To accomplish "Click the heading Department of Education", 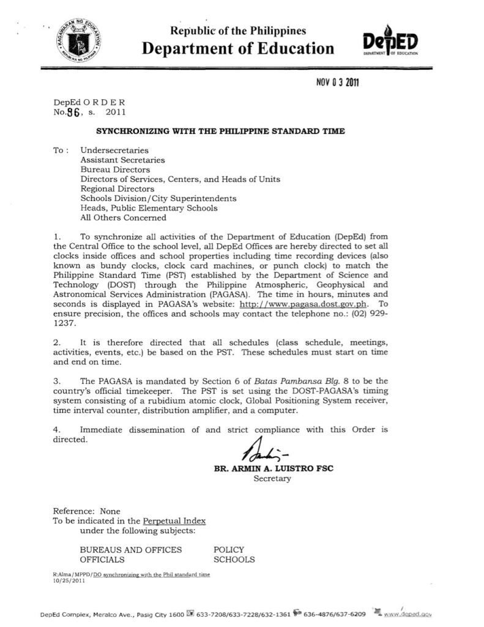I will click(x=238, y=48).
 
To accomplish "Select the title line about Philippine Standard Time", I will click(x=220, y=131).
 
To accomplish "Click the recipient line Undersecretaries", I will click(x=114, y=150).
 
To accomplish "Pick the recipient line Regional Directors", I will click(x=117, y=189).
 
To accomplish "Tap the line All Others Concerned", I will click(x=123, y=217).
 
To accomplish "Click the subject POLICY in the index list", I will click(x=229, y=550).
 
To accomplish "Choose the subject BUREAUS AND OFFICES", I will click(x=131, y=550).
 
